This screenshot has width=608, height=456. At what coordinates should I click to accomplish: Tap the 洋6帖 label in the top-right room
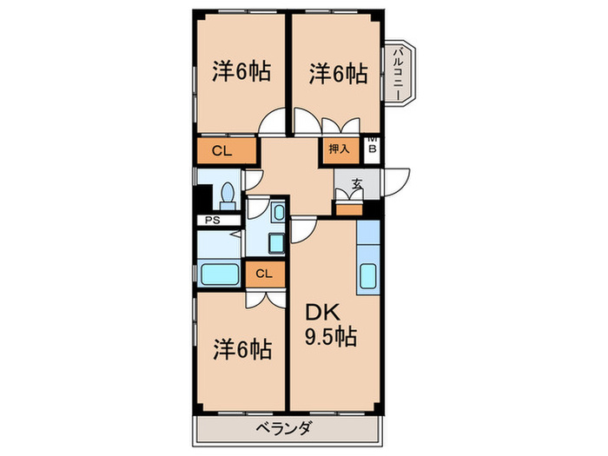pyautogui.click(x=337, y=74)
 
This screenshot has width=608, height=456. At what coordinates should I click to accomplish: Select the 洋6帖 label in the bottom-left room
pyautogui.click(x=242, y=349)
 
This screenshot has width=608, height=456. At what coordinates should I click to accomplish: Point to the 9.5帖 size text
pyautogui.click(x=331, y=336)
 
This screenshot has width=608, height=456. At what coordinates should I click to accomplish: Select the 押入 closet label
pyautogui.click(x=340, y=149)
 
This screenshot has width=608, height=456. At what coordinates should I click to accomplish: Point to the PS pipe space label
pyautogui.click(x=211, y=221)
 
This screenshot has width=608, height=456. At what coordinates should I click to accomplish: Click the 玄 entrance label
pyautogui.click(x=356, y=184)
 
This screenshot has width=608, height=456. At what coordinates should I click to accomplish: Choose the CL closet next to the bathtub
pyautogui.click(x=264, y=274)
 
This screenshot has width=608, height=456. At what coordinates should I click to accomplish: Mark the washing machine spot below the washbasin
pyautogui.click(x=276, y=242)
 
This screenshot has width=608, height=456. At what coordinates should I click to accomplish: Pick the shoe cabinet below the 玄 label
pyautogui.click(x=348, y=208)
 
